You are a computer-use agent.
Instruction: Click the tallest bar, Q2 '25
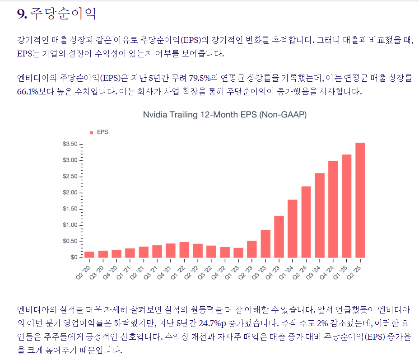click(x=360, y=200)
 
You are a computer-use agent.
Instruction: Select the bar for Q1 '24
click(x=292, y=229)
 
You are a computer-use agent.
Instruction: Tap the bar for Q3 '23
click(x=265, y=244)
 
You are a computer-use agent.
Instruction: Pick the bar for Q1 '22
click(x=184, y=250)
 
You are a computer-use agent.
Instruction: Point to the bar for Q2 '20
click(x=89, y=255)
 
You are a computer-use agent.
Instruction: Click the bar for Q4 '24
click(x=333, y=209)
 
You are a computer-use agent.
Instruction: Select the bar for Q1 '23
click(x=238, y=253)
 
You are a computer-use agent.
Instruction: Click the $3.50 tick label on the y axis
click(x=70, y=144)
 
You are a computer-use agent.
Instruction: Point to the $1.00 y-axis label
click(x=70, y=225)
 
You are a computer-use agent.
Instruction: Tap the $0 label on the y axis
click(x=74, y=257)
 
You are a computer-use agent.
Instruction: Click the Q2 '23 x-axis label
click(x=245, y=273)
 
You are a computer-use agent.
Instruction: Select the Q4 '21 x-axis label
click(x=164, y=273)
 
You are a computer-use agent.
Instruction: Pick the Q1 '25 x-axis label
click(x=340, y=273)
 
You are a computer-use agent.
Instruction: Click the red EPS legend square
click(x=91, y=132)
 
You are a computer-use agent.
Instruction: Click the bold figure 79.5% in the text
click(x=200, y=78)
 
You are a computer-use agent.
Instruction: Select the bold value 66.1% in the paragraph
click(x=28, y=92)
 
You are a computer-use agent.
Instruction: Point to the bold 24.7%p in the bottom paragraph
click(x=212, y=323)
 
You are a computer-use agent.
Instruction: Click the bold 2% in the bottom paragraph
click(x=322, y=323)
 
